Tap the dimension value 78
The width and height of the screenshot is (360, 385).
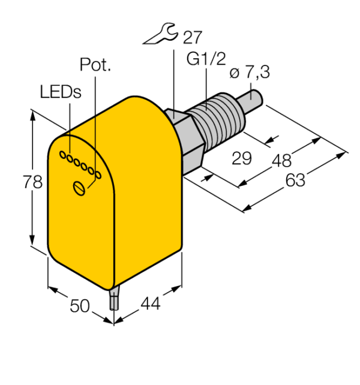pyautogui.click(x=32, y=182)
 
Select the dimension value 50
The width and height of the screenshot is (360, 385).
pyautogui.click(x=80, y=306)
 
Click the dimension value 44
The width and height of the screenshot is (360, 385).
pyautogui.click(x=151, y=303)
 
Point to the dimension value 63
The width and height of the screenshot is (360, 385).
pyautogui.click(x=295, y=180)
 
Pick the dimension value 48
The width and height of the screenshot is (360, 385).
pyautogui.click(x=282, y=161)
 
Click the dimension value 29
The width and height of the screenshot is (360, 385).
pyautogui.click(x=242, y=158)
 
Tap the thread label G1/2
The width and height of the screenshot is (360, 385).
pyautogui.click(x=206, y=59)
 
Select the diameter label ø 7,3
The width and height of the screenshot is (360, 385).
pyautogui.click(x=250, y=72)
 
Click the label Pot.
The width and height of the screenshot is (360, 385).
pyautogui.click(x=95, y=65)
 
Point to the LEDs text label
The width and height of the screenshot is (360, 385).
pyautogui.click(x=61, y=92)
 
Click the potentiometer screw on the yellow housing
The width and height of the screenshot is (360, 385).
pyautogui.click(x=79, y=188)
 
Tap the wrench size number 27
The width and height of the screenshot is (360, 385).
pyautogui.click(x=192, y=37)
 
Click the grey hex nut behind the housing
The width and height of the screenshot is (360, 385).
pyautogui.click(x=185, y=141)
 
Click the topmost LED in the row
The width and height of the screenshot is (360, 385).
pyautogui.click(x=63, y=155)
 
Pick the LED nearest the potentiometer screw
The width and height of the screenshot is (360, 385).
pyautogui.click(x=98, y=175)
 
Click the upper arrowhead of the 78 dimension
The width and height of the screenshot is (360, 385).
pyautogui.click(x=32, y=115)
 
